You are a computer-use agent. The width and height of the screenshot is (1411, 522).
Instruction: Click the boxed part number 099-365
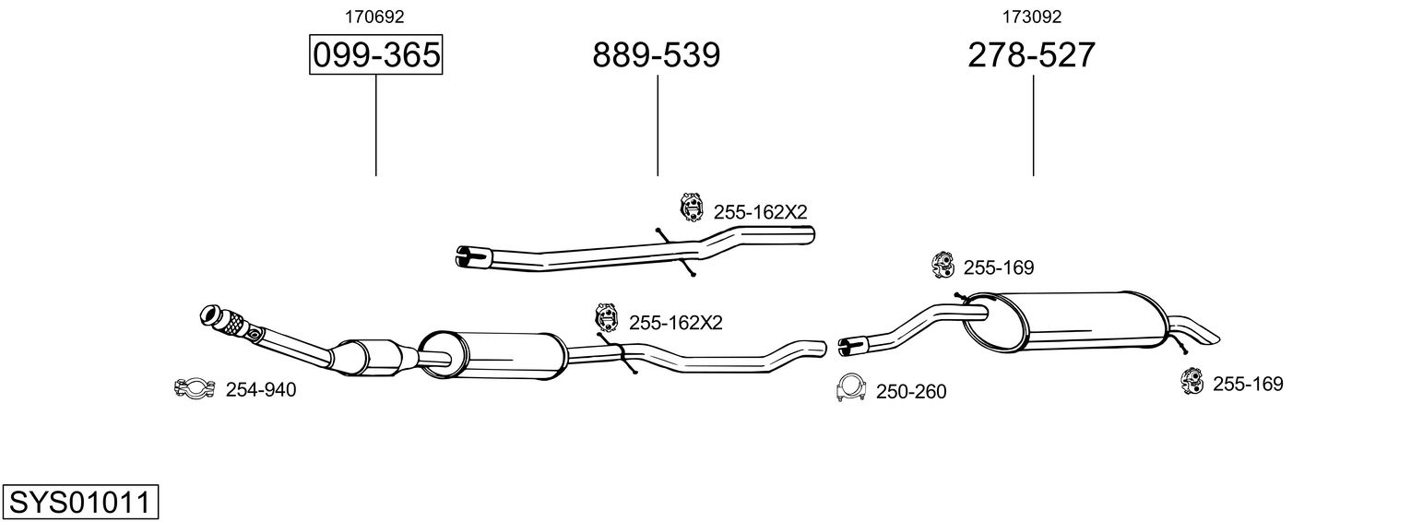click(x=375, y=55)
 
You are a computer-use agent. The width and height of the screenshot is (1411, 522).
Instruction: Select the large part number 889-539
click(x=656, y=55)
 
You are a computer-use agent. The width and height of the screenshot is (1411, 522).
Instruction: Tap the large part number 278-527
click(x=1031, y=55)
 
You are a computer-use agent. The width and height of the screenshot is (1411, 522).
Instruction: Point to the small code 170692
click(x=374, y=16)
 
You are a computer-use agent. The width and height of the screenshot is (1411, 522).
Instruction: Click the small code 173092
click(x=1031, y=16)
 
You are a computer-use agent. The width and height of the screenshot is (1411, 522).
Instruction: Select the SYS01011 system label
click(x=79, y=503)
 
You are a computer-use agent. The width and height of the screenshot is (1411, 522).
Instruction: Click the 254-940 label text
click(x=261, y=390)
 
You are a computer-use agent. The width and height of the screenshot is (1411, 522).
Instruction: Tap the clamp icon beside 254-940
click(x=194, y=389)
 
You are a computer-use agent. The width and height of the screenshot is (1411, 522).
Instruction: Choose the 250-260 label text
click(x=911, y=392)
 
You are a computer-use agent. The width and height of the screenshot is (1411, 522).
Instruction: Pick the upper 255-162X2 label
click(x=760, y=212)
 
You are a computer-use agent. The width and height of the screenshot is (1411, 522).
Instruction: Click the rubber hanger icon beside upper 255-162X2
click(x=691, y=208)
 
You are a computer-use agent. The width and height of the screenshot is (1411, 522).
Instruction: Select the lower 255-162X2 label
click(x=675, y=323)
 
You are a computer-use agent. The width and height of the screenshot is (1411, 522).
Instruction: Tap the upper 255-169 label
click(x=999, y=267)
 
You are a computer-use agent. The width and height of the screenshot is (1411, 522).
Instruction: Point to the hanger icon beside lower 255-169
click(x=1192, y=380)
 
